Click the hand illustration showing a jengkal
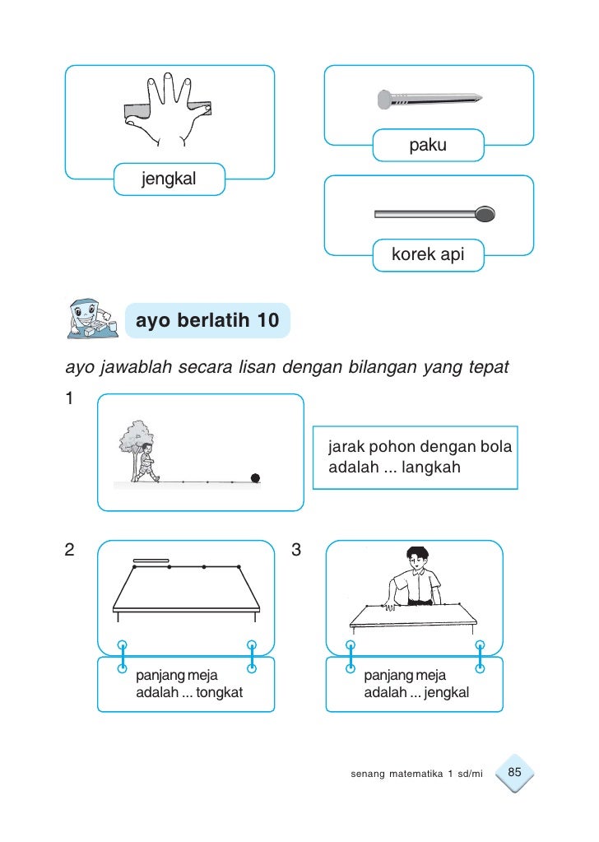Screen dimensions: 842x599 tap(168, 110)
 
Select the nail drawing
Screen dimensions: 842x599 tap(428, 100)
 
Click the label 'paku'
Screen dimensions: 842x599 tap(428, 146)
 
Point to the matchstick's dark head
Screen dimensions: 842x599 tap(485, 215)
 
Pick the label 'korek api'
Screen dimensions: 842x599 tap(428, 255)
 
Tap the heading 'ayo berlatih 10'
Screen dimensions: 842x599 tap(207, 320)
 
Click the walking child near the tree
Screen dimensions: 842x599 tap(146, 463)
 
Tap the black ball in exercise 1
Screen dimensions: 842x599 tap(255, 477)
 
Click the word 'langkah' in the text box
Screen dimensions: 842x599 tap(431, 468)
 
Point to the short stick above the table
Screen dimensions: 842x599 tap(151, 561)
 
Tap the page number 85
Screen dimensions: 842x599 tap(516, 772)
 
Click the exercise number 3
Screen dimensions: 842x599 tap(296, 549)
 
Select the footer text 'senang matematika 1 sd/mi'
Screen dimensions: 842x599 tap(416, 775)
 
